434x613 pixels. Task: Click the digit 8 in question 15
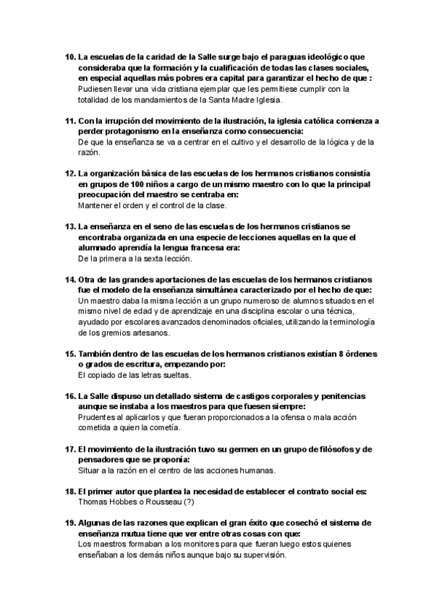pos(339,354)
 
